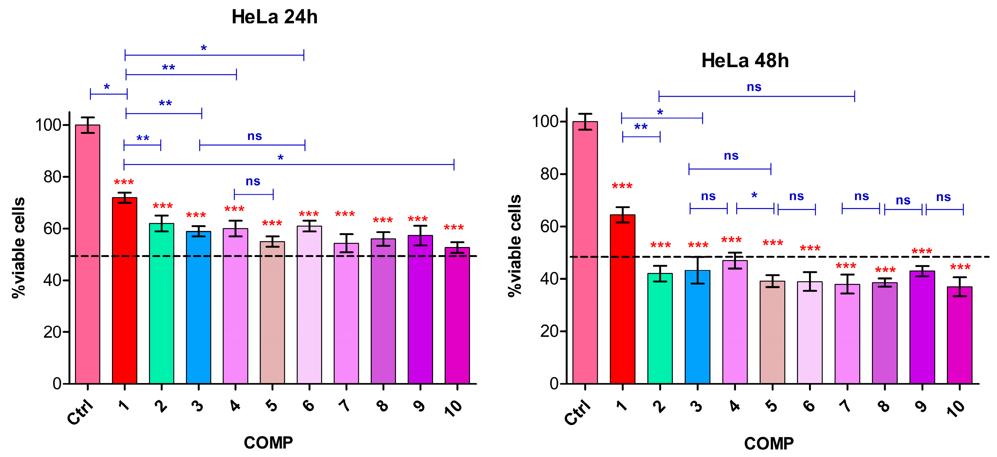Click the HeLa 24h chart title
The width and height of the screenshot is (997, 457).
click(274, 17)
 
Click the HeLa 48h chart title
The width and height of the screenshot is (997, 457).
click(745, 61)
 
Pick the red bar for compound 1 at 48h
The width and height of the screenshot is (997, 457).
click(622, 298)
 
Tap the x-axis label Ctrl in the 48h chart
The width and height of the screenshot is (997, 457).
click(577, 412)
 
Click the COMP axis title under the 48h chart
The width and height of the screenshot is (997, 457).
click(768, 443)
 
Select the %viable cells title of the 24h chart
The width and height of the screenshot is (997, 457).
click(19, 248)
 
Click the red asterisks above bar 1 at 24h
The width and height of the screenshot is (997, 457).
click(124, 182)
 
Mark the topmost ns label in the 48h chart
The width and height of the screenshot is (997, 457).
click(754, 87)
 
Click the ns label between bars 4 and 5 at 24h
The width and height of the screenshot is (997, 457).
click(253, 181)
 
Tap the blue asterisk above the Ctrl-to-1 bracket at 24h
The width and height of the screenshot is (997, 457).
click(107, 87)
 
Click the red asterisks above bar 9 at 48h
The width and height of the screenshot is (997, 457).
click(922, 252)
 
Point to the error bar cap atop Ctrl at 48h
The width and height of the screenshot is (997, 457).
click(585, 114)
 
